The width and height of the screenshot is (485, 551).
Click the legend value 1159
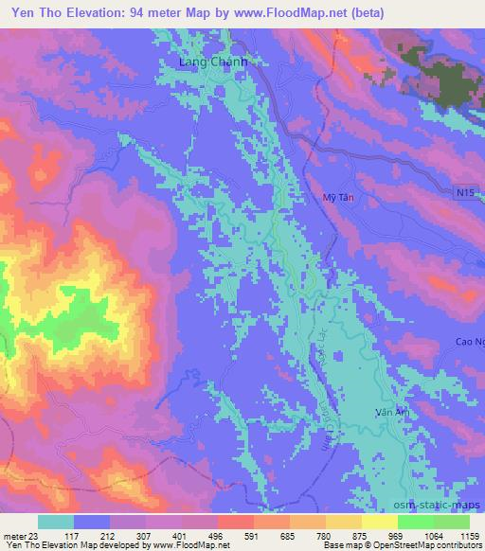coord(470,535)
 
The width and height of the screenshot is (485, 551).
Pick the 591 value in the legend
coord(254,535)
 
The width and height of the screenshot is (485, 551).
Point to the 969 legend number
coord(398,535)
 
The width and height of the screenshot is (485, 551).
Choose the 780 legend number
coord(326,535)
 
